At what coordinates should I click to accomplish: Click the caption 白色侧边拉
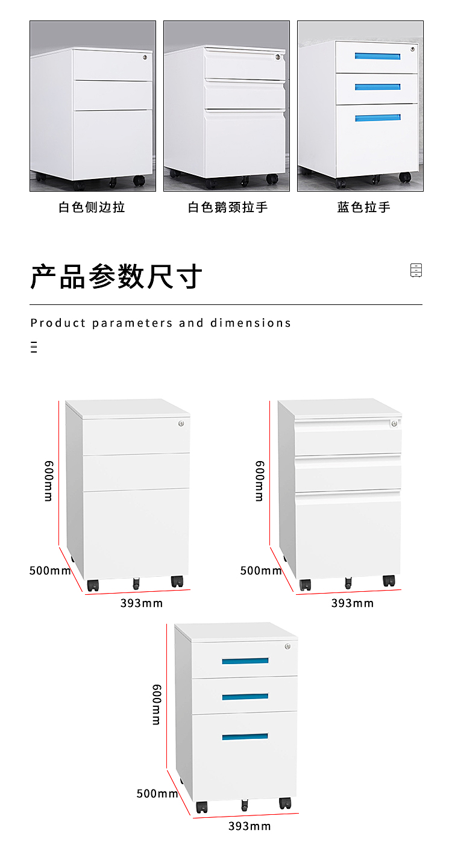(x=92, y=207)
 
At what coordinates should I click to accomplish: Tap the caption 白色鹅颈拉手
(x=228, y=207)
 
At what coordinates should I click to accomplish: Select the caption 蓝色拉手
(x=363, y=207)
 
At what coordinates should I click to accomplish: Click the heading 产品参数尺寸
(x=116, y=277)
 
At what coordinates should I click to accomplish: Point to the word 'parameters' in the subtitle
(x=132, y=323)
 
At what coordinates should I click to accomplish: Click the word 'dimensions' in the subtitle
(x=251, y=323)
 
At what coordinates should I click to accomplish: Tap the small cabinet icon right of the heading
(x=416, y=270)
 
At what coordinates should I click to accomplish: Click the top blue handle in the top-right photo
(x=377, y=56)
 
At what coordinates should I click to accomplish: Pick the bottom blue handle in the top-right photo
(x=378, y=118)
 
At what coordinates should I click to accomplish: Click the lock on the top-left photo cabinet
(x=145, y=57)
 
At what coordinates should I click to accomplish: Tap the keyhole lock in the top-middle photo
(x=278, y=57)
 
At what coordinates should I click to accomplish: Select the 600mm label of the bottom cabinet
(x=157, y=705)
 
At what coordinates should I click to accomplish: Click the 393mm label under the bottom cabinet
(x=250, y=826)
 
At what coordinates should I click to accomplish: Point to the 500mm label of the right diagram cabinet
(x=261, y=570)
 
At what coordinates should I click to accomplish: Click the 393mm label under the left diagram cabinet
(x=142, y=603)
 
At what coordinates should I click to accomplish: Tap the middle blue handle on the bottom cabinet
(x=245, y=697)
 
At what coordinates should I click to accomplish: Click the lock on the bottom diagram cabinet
(x=288, y=646)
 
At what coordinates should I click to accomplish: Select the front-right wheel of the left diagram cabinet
(x=177, y=582)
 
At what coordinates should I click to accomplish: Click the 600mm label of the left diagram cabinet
(x=49, y=481)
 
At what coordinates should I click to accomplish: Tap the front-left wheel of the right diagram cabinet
(x=306, y=585)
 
